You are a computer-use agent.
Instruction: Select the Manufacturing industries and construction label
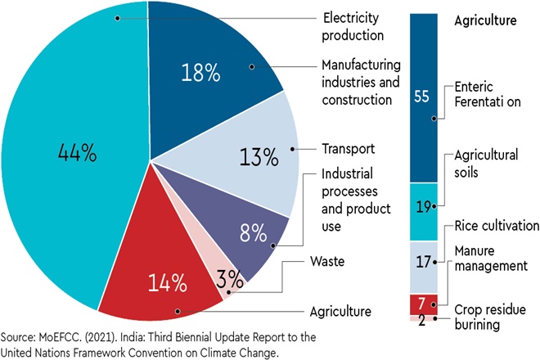click(365, 81)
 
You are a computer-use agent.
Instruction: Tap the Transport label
click(348, 149)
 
